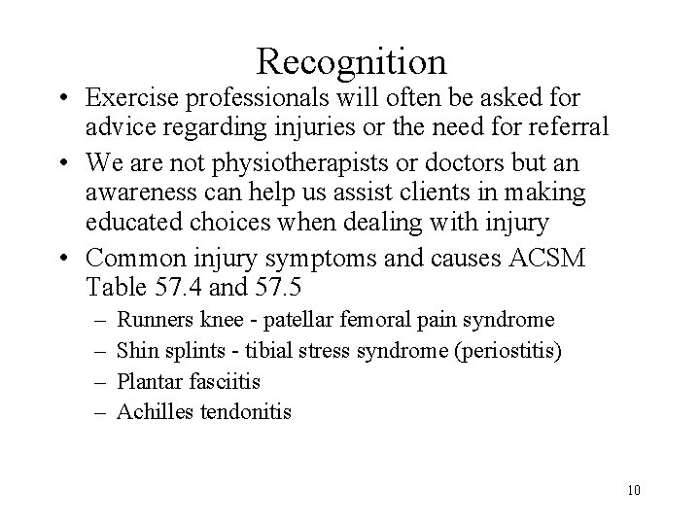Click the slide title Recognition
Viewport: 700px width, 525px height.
coord(352,61)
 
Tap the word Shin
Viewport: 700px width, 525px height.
coord(134,350)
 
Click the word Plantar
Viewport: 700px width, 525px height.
coord(144,381)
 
